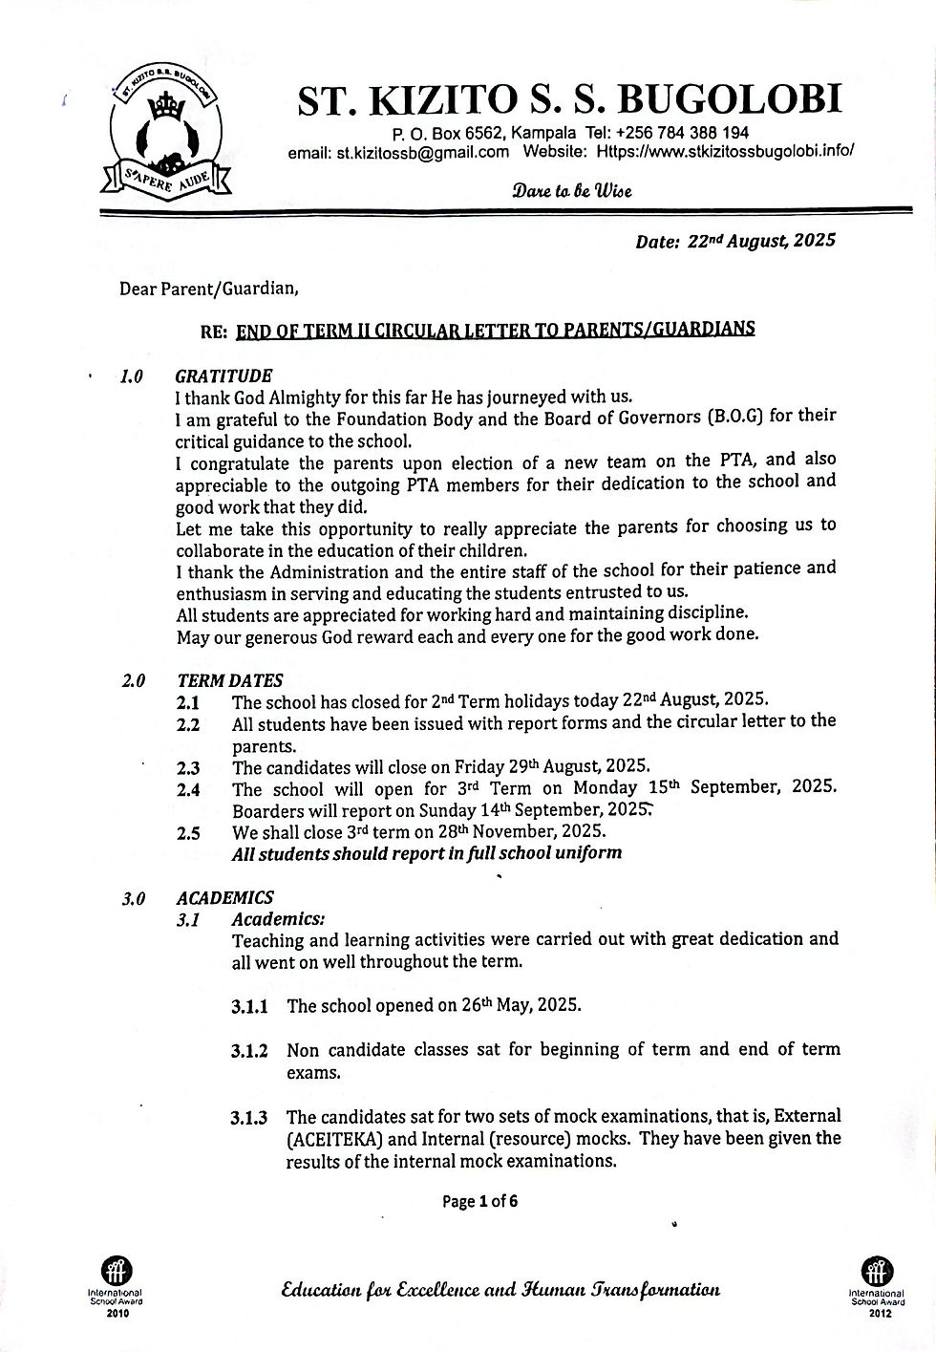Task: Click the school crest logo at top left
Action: pos(163,133)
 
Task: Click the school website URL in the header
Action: pos(725,151)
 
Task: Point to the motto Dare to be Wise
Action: pos(572,190)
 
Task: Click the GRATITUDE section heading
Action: pos(224,376)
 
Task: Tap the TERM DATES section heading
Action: pos(230,680)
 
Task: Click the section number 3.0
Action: pos(133,898)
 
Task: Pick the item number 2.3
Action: pos(188,767)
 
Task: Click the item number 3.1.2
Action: pos(249,1051)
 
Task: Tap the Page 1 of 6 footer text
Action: pos(480,1201)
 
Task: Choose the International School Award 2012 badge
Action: pos(876,1285)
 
